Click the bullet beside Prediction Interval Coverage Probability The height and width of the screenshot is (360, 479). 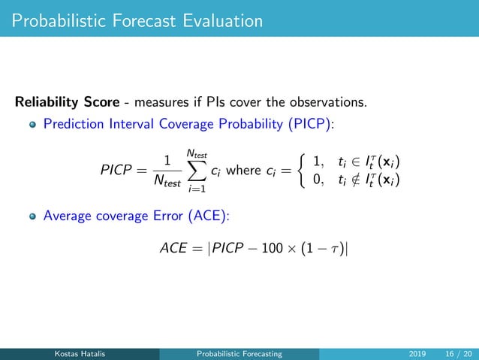pos(32,124)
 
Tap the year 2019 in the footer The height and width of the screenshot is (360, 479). pos(416,354)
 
